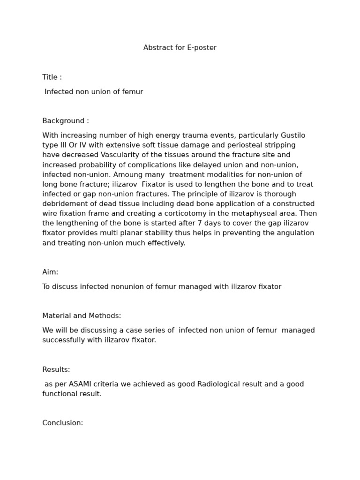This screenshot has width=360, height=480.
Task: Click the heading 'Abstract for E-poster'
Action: click(x=180, y=48)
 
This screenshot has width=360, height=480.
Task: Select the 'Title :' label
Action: click(x=52, y=77)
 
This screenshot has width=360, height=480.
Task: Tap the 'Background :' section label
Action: click(x=66, y=121)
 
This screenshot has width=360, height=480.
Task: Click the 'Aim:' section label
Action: click(x=50, y=272)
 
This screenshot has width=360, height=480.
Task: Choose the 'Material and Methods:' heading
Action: click(x=82, y=316)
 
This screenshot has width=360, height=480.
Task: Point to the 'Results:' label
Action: click(x=56, y=369)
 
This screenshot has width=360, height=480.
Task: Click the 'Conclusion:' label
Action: click(x=62, y=423)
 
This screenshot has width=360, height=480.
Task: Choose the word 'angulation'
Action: click(x=295, y=233)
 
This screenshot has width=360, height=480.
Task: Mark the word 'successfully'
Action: click(x=64, y=340)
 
